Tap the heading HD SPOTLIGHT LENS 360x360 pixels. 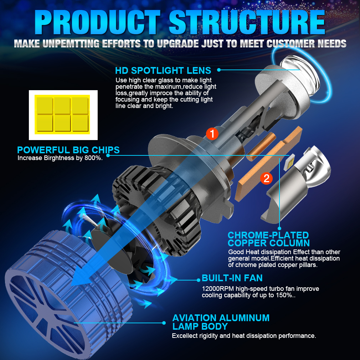point(163,70)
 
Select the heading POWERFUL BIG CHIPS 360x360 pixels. point(68,150)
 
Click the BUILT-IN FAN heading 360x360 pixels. point(232,278)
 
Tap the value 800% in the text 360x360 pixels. point(94,158)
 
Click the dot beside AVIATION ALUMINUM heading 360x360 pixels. point(164,323)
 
